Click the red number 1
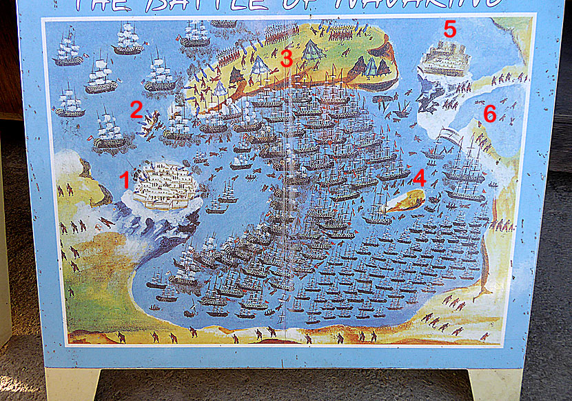pos(125,180)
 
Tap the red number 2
pos(136,109)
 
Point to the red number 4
pos(419,178)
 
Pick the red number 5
pos(449,30)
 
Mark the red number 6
pos(489,114)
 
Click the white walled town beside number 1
pos(163,186)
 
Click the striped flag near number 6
pos(451,135)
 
